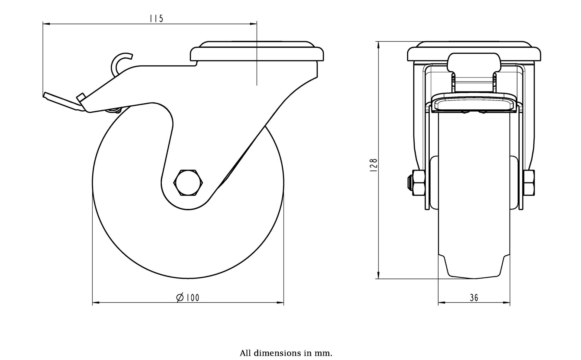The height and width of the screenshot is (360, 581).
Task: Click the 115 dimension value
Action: [156, 19]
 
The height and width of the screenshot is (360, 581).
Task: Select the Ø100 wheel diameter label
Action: [188, 298]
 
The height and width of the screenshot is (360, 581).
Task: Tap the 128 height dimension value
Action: [374, 165]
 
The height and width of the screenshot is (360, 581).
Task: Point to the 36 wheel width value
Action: [474, 298]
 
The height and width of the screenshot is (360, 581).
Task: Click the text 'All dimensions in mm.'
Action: [286, 353]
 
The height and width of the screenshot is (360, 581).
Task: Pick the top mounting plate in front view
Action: [474, 53]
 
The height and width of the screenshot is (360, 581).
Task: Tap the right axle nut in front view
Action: [529, 183]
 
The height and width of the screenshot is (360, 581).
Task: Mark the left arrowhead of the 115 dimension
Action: [45, 24]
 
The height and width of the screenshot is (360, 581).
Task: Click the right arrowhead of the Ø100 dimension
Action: [281, 302]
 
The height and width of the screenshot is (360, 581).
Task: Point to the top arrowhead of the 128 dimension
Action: [378, 44]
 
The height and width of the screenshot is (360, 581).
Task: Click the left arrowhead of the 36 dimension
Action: [441, 302]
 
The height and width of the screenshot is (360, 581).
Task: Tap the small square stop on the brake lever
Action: [80, 97]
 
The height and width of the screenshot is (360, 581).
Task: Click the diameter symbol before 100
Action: [180, 298]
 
